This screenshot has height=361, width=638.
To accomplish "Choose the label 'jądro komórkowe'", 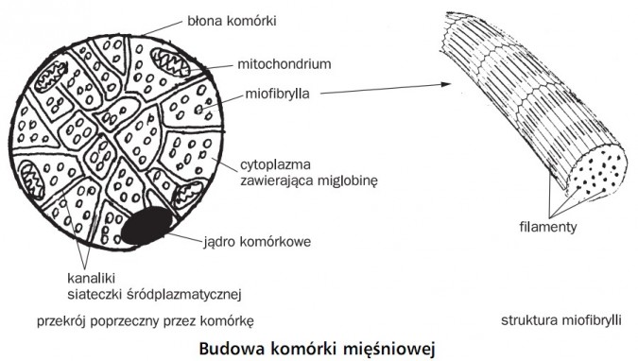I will [x=257, y=240].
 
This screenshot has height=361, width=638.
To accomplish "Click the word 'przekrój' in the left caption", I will [x=61, y=320].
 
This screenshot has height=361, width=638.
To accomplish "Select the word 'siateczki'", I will [x=101, y=291].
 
